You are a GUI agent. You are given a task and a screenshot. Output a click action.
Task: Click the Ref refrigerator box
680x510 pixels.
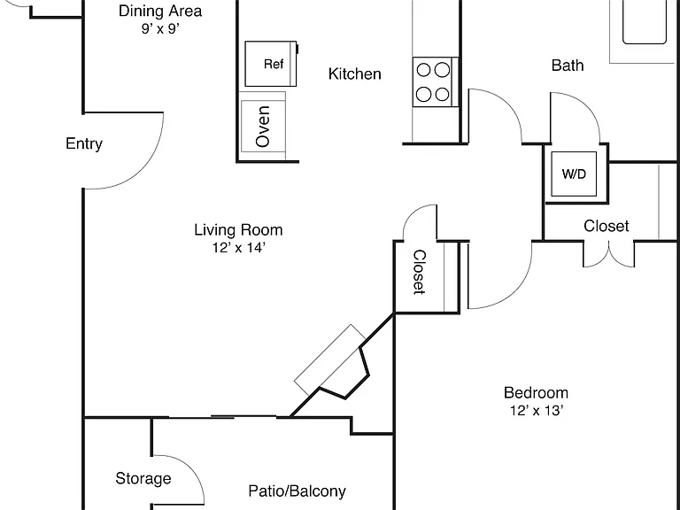click(x=271, y=64)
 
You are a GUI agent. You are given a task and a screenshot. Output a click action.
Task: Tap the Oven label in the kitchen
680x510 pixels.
click(x=263, y=127)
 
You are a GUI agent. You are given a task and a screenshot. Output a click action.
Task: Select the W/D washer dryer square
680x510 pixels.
click(x=574, y=174)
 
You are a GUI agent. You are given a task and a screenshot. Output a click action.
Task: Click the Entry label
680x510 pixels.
click(x=84, y=143)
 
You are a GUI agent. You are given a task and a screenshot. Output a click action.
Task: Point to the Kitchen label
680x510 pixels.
click(x=355, y=73)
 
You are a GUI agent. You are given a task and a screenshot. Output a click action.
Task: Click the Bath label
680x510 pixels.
click(x=568, y=66)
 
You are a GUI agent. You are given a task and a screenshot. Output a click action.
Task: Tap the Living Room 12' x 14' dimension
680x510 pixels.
click(x=238, y=248)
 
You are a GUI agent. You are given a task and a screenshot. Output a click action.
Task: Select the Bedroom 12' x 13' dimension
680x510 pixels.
click(x=537, y=410)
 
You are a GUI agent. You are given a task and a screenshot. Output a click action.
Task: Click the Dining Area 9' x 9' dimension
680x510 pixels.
click(x=160, y=28)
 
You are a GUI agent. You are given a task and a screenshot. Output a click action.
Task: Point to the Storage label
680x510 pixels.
click(x=143, y=478)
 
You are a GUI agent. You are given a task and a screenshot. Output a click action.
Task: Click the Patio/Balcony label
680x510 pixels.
click(x=297, y=491)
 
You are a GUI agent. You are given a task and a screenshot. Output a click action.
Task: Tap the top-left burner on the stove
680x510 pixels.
click(x=424, y=70)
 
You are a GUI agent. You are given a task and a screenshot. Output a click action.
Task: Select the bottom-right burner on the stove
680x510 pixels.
click(x=443, y=94)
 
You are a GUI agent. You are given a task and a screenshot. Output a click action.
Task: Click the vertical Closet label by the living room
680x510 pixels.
click(x=420, y=272)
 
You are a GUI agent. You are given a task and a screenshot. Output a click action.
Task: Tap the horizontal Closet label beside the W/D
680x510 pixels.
click(x=607, y=226)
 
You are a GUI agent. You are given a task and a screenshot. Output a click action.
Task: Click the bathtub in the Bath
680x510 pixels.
click(x=645, y=21)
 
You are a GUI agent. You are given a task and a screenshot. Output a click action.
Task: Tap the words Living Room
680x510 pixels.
click(x=238, y=230)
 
